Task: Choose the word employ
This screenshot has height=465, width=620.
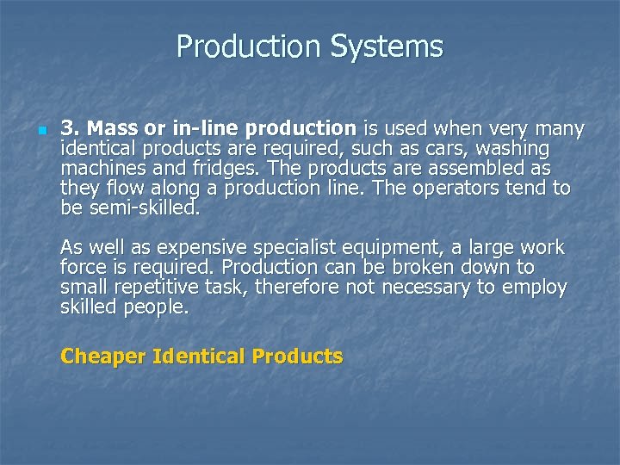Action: [537, 288]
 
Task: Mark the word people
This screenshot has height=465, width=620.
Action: [158, 307]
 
